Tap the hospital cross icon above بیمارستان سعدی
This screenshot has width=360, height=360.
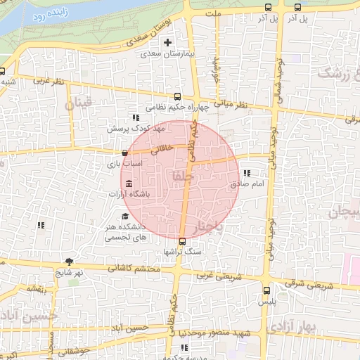tap(167, 43)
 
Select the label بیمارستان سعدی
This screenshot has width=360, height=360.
tap(167, 53)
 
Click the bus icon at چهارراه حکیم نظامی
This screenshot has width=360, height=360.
tap(176, 97)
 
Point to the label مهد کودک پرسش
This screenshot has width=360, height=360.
tap(135, 129)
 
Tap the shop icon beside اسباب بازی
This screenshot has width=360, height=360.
tap(125, 153)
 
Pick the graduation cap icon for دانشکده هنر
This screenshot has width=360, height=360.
tap(125, 217)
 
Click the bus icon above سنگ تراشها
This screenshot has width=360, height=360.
tap(183, 241)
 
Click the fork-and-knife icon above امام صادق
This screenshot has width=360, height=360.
tap(246, 173)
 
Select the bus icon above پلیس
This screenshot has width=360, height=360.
tap(266, 290)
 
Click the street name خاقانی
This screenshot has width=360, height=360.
tap(162, 148)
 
